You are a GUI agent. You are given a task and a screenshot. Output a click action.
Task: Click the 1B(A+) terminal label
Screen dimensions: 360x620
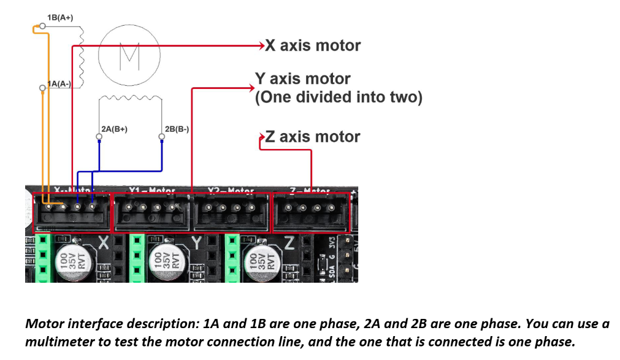click(x=60, y=17)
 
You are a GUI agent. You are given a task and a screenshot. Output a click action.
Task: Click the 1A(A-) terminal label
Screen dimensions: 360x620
click(x=60, y=83)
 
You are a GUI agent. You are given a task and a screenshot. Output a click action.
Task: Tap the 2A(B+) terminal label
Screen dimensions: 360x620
click(x=115, y=129)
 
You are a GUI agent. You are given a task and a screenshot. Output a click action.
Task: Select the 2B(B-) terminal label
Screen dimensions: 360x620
click(x=177, y=129)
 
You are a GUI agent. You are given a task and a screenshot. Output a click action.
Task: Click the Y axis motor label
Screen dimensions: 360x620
click(x=302, y=79)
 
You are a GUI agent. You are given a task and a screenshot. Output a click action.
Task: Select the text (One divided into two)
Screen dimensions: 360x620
click(x=339, y=98)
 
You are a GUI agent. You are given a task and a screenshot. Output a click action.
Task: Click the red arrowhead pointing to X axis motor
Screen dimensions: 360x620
click(x=262, y=45)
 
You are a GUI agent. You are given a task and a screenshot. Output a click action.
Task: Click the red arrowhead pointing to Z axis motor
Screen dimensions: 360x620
click(x=262, y=137)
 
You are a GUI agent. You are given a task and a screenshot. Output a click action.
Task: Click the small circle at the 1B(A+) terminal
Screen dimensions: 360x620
click(x=42, y=26)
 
